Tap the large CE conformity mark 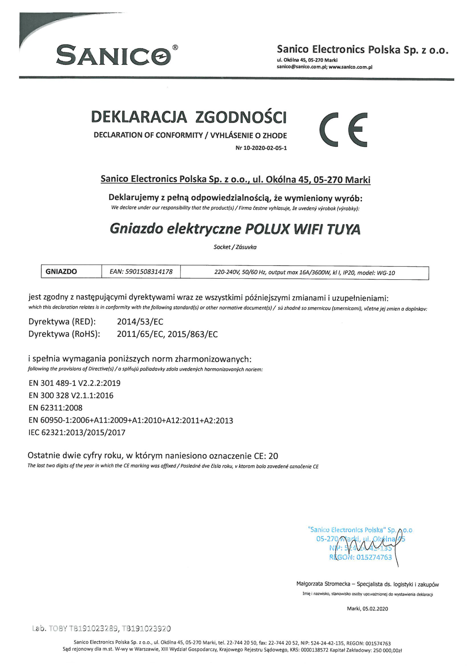pos(343,129)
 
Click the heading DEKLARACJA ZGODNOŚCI pos(189,117)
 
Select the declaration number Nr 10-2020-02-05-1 pos(261,148)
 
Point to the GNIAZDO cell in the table pos(61,272)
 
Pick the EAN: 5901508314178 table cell pos(141,272)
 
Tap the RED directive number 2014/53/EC pos(140,322)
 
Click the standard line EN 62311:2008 pos(55,408)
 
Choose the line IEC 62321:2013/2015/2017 pos(77,433)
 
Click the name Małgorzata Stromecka pos(323,584)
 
